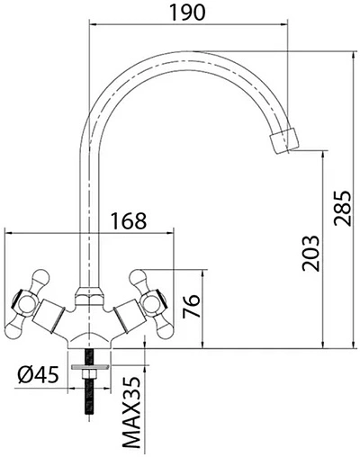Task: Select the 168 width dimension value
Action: coord(128,219)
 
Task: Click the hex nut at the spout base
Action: coord(87,293)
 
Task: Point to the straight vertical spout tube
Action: coord(87,216)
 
